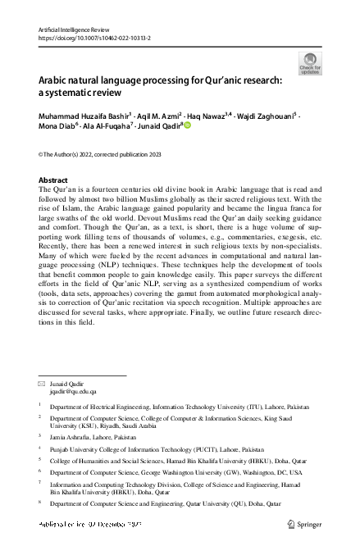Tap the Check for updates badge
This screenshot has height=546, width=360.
(x=310, y=62)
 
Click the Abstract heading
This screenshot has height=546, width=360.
(x=53, y=180)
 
